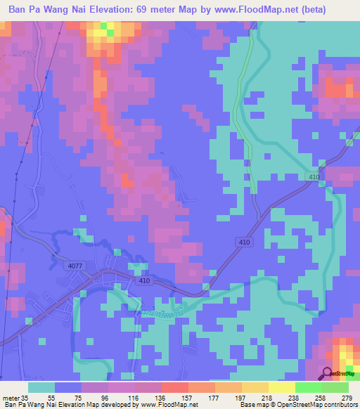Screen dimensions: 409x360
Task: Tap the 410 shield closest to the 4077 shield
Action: click(145, 281)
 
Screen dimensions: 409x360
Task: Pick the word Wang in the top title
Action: click(53, 10)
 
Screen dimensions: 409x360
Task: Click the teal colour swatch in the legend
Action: click(41, 387)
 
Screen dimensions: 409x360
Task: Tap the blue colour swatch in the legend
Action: click(68, 387)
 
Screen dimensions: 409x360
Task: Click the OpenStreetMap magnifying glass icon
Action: click(328, 375)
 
